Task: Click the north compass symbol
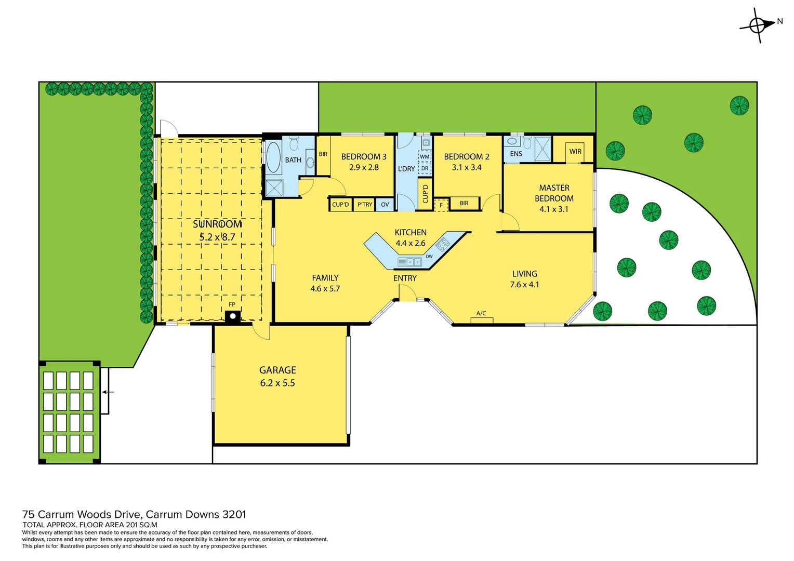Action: (758, 25)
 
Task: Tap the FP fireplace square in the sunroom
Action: (233, 315)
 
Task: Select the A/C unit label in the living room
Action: (481, 313)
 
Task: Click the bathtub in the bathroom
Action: (273, 157)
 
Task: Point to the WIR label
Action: (575, 152)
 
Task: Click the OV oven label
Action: (385, 205)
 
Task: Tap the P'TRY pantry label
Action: (365, 205)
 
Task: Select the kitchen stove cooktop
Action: (443, 244)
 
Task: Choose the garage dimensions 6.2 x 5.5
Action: (277, 383)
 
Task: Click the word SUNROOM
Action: (217, 224)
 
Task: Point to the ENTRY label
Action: (405, 278)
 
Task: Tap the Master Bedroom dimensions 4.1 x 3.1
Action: (554, 209)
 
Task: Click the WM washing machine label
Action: (425, 157)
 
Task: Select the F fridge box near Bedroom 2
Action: (441, 205)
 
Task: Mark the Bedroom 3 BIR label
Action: (323, 154)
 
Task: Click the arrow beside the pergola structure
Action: (108, 392)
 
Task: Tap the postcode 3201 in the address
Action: (234, 515)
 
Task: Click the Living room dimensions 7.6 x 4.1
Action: (524, 285)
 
